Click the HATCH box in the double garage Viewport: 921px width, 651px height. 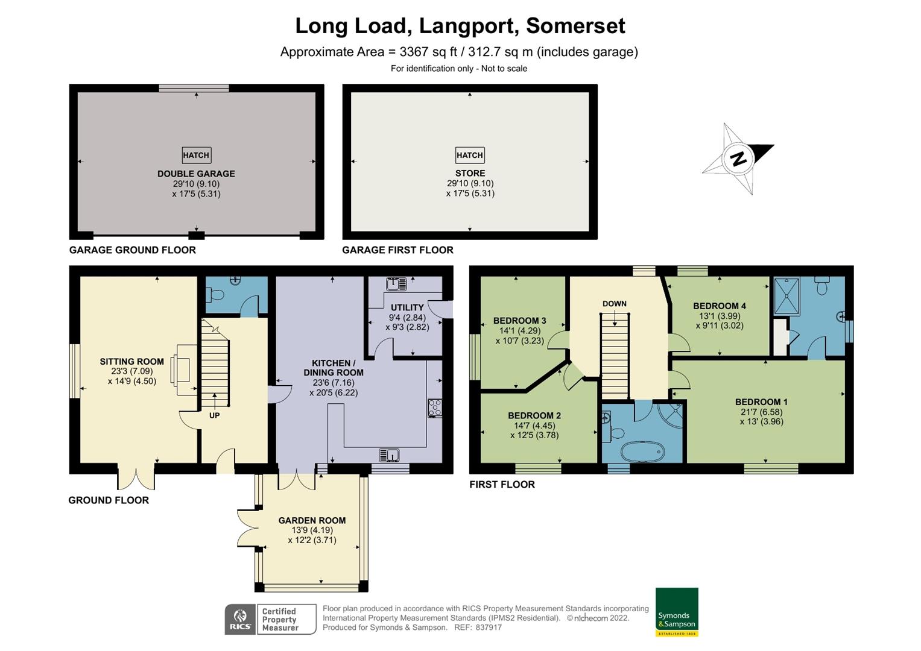197,155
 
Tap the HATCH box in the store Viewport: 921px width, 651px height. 470,155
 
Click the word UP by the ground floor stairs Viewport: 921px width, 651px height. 214,415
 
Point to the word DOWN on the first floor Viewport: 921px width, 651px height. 614,304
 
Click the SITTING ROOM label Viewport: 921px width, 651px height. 131,362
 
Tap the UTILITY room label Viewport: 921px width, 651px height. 407,307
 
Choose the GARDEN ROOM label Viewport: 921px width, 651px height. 312,520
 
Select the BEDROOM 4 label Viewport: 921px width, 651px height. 720,306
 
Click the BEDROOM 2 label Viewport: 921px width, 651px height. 534,415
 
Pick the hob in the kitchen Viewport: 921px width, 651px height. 435,408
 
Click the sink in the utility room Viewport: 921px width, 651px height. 396,284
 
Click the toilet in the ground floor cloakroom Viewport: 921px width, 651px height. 215,294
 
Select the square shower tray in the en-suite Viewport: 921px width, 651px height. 787,297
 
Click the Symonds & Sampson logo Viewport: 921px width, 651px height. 677,612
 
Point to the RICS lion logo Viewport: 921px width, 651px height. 240,620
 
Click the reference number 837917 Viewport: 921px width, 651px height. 489,627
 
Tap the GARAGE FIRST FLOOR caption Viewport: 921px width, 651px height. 397,250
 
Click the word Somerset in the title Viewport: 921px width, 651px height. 575,26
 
